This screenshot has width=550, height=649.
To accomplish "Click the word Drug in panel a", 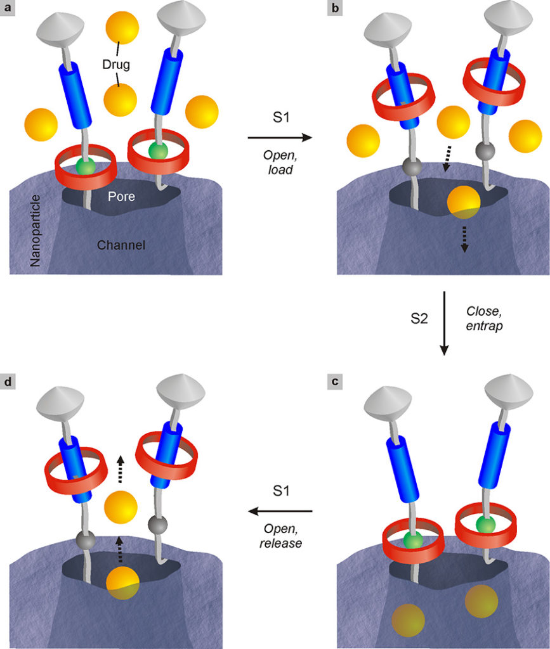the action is pyautogui.click(x=116, y=65).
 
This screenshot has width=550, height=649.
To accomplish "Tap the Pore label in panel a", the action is pyautogui.click(x=121, y=196).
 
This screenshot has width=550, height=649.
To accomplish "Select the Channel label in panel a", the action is pyautogui.click(x=121, y=245).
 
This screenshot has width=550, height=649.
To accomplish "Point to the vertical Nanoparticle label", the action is pyautogui.click(x=36, y=231).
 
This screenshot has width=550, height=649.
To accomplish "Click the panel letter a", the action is pyautogui.click(x=7, y=8).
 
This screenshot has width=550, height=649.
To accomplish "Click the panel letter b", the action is pyautogui.click(x=335, y=8).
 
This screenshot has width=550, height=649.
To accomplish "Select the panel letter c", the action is pyautogui.click(x=335, y=381).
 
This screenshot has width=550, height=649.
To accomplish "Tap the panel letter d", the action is pyautogui.click(x=8, y=381).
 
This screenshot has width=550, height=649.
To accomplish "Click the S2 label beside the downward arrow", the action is pyautogui.click(x=419, y=318).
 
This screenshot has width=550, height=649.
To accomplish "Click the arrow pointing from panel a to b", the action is pyautogui.click(x=280, y=138).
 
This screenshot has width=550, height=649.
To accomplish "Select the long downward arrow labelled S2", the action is pyautogui.click(x=444, y=323).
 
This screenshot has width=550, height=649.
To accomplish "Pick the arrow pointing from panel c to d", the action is pyautogui.click(x=280, y=511).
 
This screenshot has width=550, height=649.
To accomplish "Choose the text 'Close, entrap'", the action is pyautogui.click(x=484, y=318).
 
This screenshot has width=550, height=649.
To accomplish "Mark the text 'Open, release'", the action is pyautogui.click(x=281, y=536).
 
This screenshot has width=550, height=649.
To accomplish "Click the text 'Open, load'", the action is pyautogui.click(x=280, y=162).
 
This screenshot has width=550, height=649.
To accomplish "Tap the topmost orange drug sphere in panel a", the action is pyautogui.click(x=122, y=28).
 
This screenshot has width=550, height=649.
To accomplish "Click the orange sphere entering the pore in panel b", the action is pyautogui.click(x=464, y=202).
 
